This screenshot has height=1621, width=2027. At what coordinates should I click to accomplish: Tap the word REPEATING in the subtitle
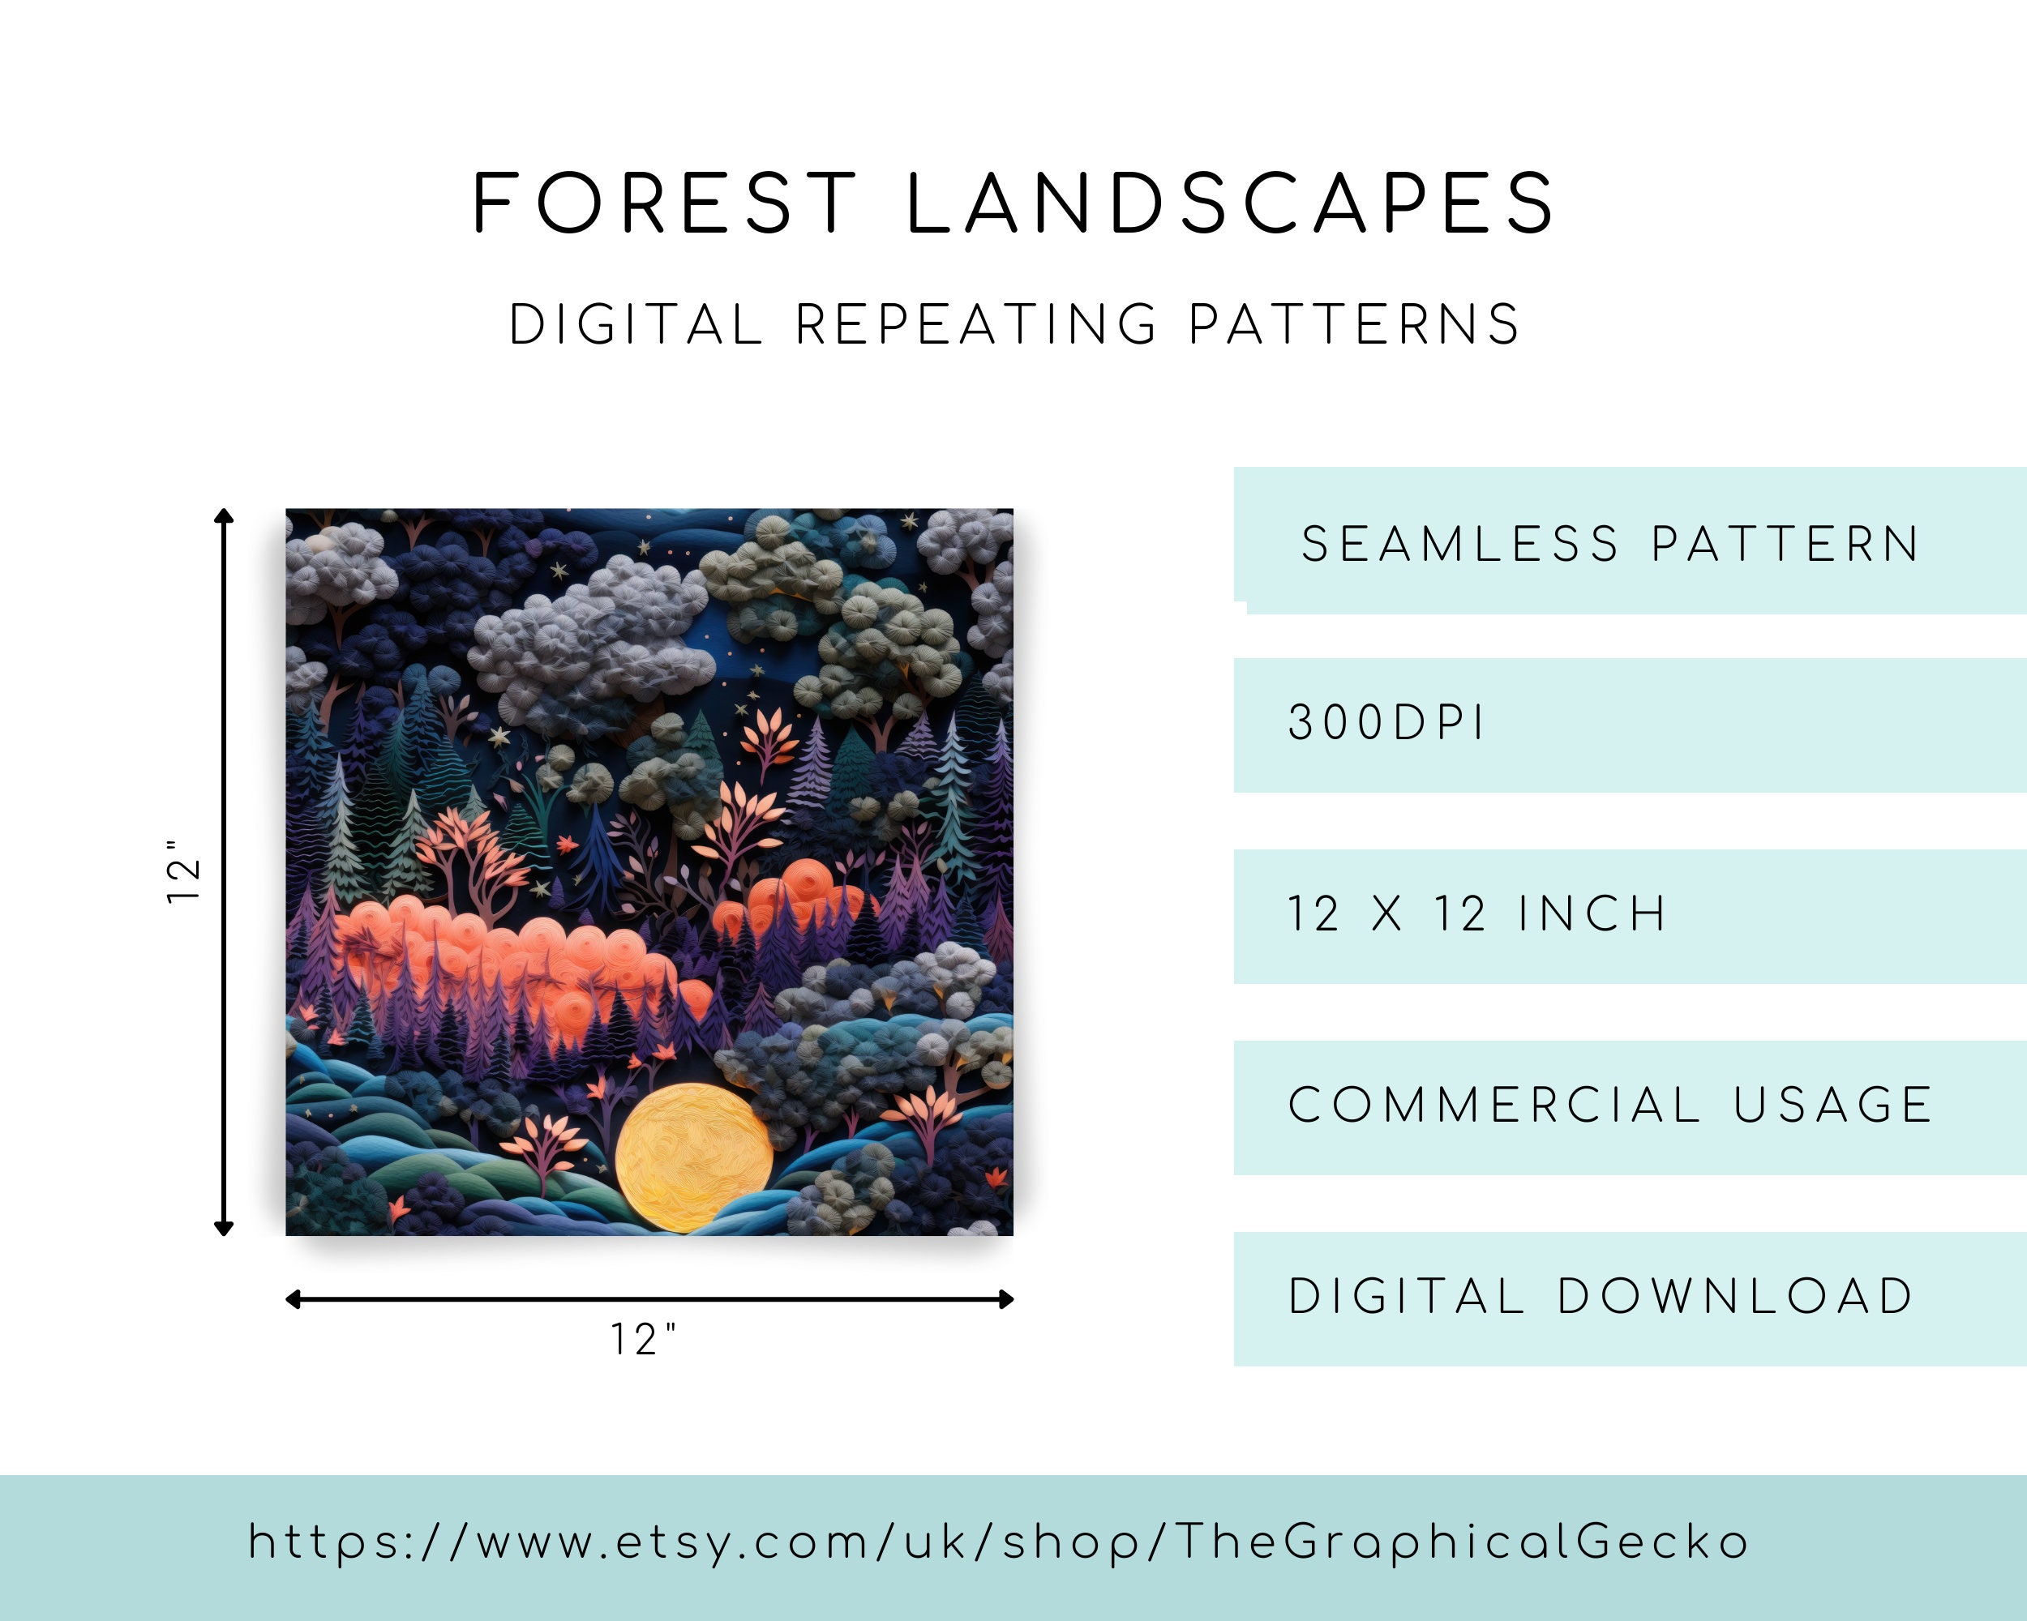tap(976, 325)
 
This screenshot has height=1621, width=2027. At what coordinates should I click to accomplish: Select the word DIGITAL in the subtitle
tap(636, 325)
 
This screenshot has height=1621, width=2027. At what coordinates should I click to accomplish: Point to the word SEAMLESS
tap(1460, 544)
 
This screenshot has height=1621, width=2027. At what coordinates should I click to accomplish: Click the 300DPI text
tap(1386, 724)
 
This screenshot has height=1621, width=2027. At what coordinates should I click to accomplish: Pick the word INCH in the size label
tap(1592, 913)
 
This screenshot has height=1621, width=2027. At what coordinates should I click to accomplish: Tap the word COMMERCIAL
tap(1494, 1105)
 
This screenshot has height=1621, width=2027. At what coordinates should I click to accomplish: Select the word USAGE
tap(1832, 1105)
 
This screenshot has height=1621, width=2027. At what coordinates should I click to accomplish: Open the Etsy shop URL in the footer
tap(998, 1543)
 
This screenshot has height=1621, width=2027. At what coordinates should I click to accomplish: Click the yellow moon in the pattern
tap(694, 1157)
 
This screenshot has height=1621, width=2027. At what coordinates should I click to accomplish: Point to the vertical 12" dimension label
tap(183, 871)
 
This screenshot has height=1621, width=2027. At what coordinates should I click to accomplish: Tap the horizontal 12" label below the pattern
tap(644, 1340)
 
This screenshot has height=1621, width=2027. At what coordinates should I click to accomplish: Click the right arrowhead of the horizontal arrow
tap(1007, 1299)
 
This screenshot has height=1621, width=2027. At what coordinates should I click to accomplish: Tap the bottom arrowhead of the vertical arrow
tap(224, 1230)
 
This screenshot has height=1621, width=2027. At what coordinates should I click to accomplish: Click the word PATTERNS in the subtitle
tap(1354, 325)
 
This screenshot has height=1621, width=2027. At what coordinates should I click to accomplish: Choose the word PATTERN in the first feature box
tap(1785, 544)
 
